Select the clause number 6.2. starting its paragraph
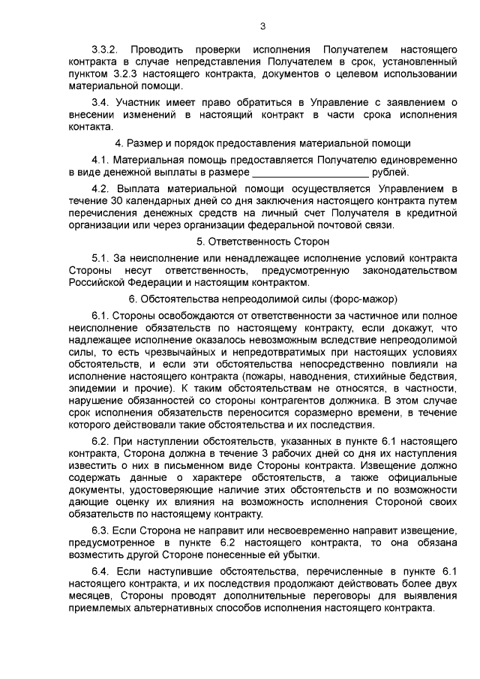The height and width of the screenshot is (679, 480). click(99, 442)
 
